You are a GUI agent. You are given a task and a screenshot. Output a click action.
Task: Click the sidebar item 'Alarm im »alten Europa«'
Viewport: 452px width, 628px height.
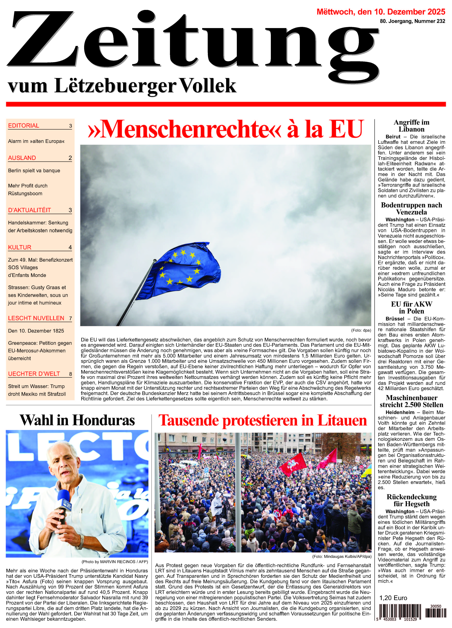point(36,141)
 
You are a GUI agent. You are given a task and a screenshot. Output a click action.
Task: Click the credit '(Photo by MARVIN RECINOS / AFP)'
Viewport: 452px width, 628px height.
point(115,562)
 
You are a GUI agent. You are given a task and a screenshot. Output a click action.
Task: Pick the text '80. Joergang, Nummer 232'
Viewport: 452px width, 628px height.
point(412,21)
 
